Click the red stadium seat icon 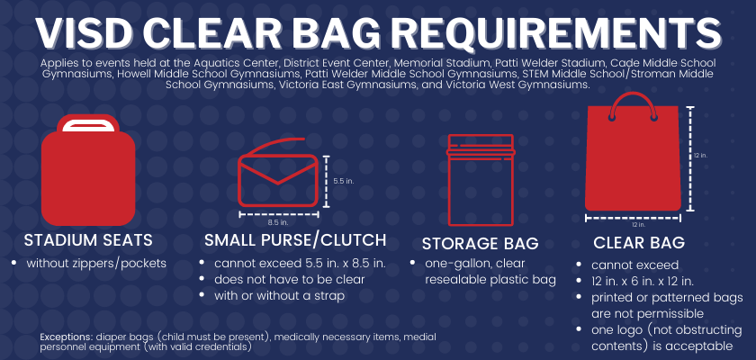click(88, 170)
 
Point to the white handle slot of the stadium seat click(88, 126)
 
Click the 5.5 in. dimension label click(344, 181)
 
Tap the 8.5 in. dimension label click(278, 222)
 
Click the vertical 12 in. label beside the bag click(700, 155)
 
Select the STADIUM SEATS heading click(88, 240)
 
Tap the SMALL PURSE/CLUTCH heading click(295, 240)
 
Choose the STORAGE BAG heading click(481, 244)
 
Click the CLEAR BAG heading click(639, 243)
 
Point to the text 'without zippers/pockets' click(96, 263)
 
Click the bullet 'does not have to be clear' click(289, 280)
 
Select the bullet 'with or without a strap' click(280, 295)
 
